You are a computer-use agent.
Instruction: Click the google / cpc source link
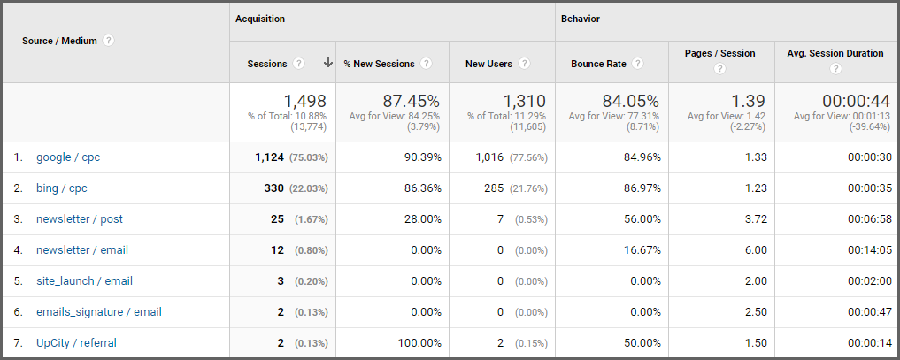(68, 157)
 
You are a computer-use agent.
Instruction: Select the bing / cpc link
(62, 188)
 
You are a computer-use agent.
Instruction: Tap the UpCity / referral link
(76, 343)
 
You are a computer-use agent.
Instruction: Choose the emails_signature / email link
(98, 312)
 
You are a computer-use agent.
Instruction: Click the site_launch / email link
(84, 281)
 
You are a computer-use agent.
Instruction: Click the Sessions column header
(268, 64)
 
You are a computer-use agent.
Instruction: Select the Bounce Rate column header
(599, 64)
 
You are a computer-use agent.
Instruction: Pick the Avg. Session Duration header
(835, 53)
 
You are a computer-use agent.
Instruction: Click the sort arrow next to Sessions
(328, 63)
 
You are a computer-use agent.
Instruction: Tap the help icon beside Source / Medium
(108, 41)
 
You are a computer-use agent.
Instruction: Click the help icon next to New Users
(524, 64)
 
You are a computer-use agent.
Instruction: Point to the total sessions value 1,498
(300, 101)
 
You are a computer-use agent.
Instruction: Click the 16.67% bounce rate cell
(641, 250)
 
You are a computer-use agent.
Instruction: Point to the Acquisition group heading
(260, 19)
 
